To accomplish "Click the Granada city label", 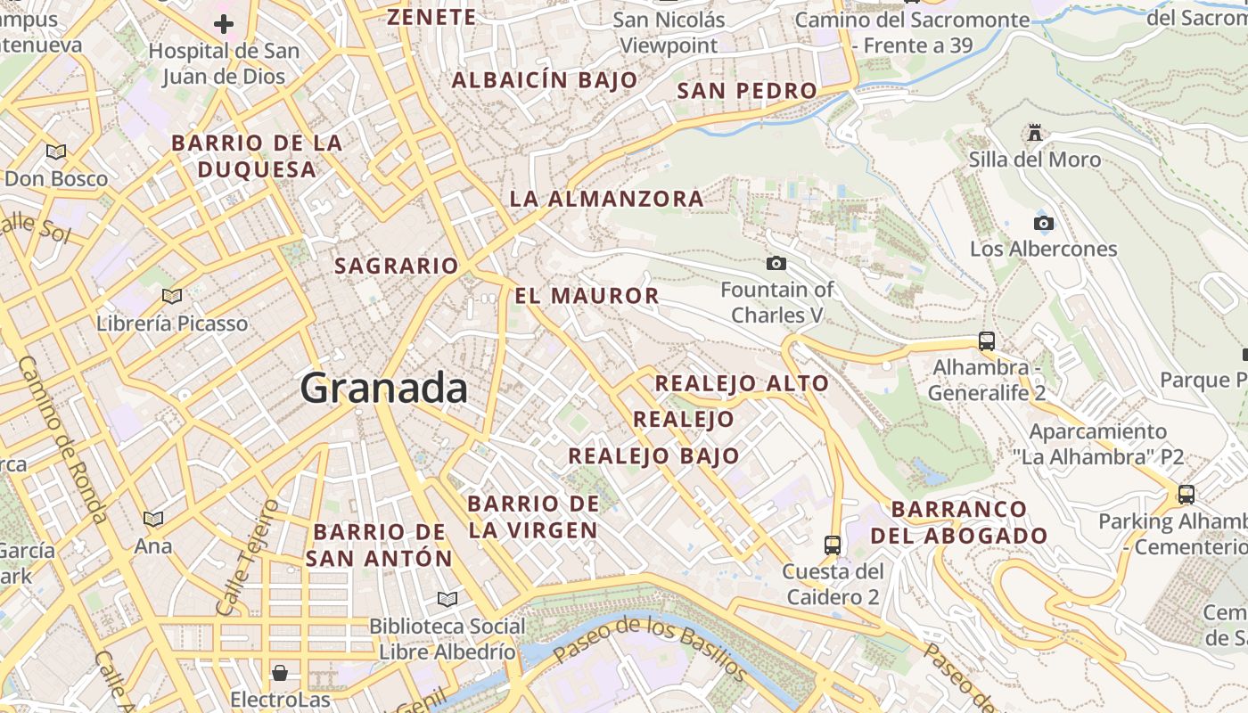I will click(x=384, y=389).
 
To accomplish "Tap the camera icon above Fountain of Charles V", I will click(x=776, y=263).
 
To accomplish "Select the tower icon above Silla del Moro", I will click(x=1035, y=133).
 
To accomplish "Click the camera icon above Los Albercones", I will click(x=1043, y=223).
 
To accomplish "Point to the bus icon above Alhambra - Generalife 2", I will click(x=987, y=340).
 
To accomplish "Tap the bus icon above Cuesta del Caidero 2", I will click(x=833, y=545).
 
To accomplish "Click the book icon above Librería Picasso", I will click(x=172, y=296).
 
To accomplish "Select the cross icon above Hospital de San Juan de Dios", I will click(x=224, y=23).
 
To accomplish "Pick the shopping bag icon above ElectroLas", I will click(x=280, y=672).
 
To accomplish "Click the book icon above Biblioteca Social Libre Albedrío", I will click(x=447, y=599).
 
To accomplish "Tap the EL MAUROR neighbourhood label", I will click(x=587, y=296).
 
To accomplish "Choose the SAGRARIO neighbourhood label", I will click(x=396, y=266).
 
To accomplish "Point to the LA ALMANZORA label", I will click(x=606, y=199).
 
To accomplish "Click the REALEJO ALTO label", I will click(x=742, y=384).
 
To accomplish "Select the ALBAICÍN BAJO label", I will click(x=545, y=80).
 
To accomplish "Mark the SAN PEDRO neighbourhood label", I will click(x=747, y=91).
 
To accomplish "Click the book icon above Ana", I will click(x=153, y=519).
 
